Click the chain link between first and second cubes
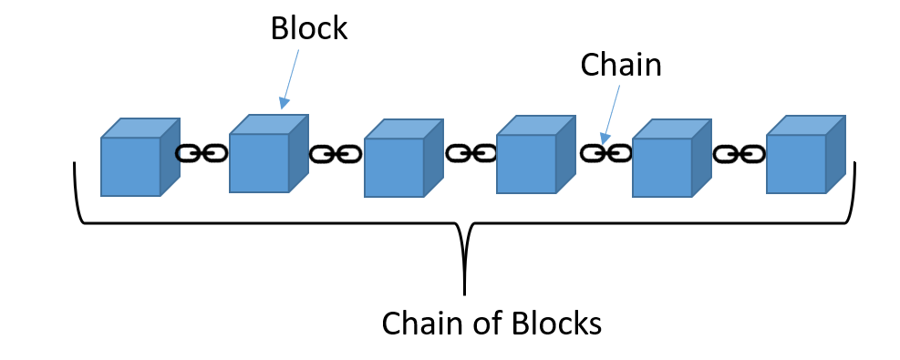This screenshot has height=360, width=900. click(x=201, y=153)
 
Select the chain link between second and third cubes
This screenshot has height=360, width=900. click(x=335, y=154)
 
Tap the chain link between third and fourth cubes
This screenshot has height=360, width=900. click(x=471, y=153)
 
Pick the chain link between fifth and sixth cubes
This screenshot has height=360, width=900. click(x=739, y=154)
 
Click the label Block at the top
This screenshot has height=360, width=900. click(x=308, y=27)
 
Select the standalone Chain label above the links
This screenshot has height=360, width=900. click(x=620, y=65)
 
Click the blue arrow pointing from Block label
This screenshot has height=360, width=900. click(x=292, y=77)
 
